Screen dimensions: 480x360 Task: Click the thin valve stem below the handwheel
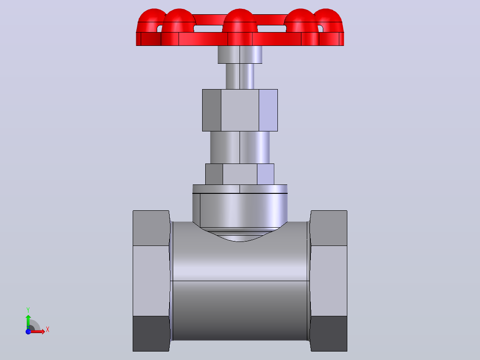pyautogui.click(x=240, y=76)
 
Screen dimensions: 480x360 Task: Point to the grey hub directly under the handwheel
pyautogui.click(x=240, y=54)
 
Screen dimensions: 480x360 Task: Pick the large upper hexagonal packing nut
pyautogui.click(x=240, y=110)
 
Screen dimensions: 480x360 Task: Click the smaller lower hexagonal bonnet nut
pyautogui.click(x=240, y=174)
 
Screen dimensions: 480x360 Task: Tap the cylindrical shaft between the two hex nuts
pyautogui.click(x=240, y=147)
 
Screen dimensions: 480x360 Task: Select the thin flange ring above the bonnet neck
pyautogui.click(x=240, y=189)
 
